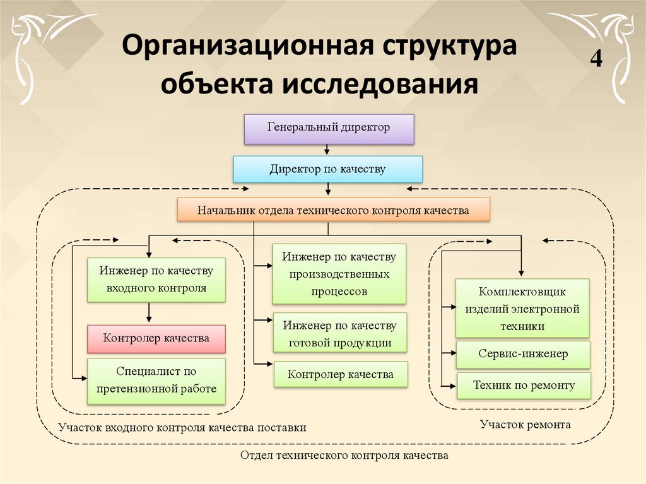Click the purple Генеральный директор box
tap(329, 129)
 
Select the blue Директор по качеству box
tap(327, 169)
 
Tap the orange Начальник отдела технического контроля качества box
tap(333, 210)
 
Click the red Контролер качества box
tap(156, 339)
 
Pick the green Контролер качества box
tap(341, 374)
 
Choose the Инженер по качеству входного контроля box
tap(156, 280)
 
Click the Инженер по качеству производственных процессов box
tap(339, 274)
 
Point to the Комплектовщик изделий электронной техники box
tap(522, 309)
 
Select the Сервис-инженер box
tap(523, 354)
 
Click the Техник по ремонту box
tap(524, 386)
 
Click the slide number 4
tap(596, 59)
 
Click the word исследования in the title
tap(380, 84)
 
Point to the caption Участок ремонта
tap(526, 424)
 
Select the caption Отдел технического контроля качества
tap(344, 455)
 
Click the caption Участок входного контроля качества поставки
tap(182, 427)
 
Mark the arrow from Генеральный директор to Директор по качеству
tap(327, 150)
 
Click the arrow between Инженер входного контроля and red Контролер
tap(149, 312)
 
